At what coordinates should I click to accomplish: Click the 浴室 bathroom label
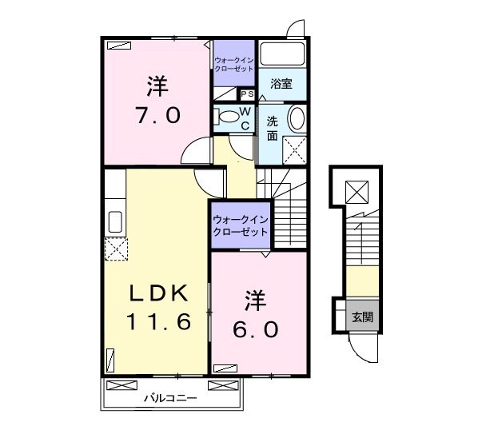pyautogui.click(x=281, y=84)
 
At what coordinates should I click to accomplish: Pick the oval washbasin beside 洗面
pyautogui.click(x=295, y=121)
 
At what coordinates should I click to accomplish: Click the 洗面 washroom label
pyautogui.click(x=273, y=128)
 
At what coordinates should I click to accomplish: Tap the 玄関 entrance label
pyautogui.click(x=362, y=317)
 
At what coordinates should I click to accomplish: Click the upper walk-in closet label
pyautogui.click(x=233, y=64)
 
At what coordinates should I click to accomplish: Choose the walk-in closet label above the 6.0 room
pyautogui.click(x=241, y=225)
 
